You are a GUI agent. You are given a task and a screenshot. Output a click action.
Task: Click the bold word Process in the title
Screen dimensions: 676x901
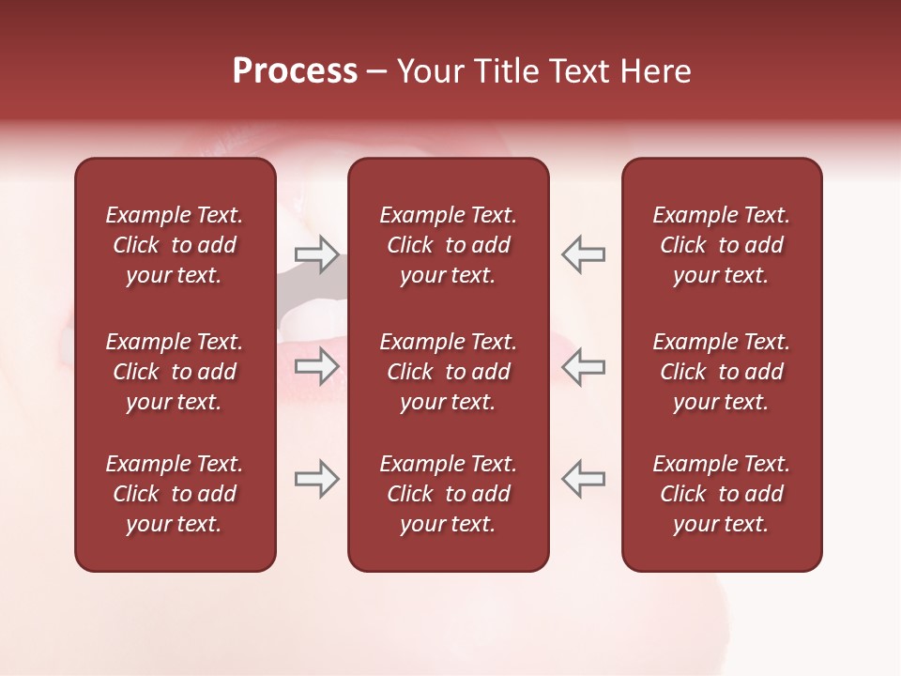pos(295,71)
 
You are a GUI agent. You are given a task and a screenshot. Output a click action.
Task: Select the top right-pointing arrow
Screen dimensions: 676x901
pos(316,254)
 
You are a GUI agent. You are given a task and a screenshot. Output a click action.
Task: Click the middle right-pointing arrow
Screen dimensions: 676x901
pos(316,366)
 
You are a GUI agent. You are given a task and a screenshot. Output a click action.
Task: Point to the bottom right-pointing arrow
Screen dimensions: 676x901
pos(316,479)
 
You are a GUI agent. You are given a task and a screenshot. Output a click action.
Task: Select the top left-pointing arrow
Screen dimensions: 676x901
pos(583,254)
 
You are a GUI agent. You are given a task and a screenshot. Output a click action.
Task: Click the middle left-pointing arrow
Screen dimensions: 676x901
pos(583,366)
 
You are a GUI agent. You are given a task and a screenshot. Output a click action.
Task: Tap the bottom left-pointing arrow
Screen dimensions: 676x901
pos(583,479)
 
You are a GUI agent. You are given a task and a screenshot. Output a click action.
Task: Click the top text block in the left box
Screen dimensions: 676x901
pos(175,245)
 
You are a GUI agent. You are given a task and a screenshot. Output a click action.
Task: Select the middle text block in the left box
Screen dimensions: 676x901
pos(175,372)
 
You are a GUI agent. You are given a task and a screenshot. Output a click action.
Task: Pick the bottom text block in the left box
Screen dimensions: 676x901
pos(175,494)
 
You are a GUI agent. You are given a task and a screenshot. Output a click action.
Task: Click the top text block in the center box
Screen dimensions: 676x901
pos(448,245)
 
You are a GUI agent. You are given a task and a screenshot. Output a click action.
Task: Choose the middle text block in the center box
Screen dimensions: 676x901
pos(448,372)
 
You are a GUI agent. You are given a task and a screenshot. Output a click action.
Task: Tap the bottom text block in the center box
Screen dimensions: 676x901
pos(448,494)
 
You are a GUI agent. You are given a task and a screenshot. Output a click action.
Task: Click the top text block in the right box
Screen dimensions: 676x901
pos(721,245)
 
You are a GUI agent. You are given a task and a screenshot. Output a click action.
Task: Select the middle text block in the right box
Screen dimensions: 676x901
pos(721,372)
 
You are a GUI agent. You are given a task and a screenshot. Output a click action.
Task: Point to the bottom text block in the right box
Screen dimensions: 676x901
pos(721,494)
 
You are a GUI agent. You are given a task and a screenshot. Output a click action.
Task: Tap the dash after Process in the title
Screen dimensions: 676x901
pos(376,72)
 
